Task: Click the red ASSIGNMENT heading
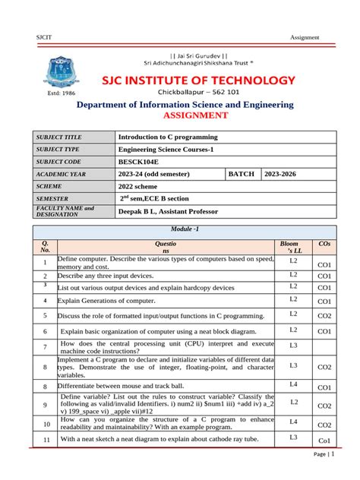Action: click(x=196, y=115)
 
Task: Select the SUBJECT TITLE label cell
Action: click(x=60, y=137)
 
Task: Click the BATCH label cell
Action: click(x=241, y=174)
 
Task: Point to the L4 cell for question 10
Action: click(x=293, y=421)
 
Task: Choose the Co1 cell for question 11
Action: click(x=324, y=441)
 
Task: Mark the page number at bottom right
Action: click(x=324, y=454)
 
